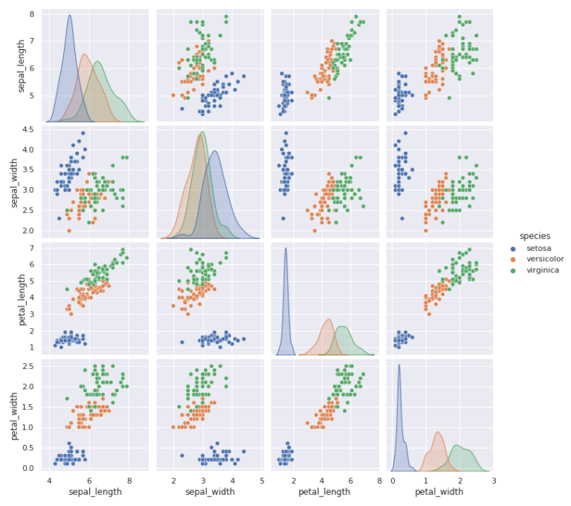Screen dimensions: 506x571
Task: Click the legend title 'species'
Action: coord(535,237)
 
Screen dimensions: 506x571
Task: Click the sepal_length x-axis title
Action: coord(94,492)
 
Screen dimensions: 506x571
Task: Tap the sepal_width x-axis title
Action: coord(210,492)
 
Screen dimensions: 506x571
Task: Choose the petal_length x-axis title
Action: coord(324,492)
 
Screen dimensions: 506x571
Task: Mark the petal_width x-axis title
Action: coord(439,492)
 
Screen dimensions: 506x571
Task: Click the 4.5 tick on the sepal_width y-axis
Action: coord(30,130)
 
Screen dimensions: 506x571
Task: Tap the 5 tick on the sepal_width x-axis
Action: coord(262,481)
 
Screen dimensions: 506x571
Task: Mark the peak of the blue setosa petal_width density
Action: coord(399,365)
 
